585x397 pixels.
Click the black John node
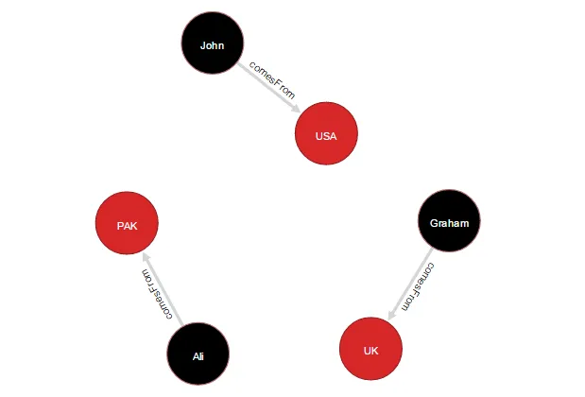pos(213,43)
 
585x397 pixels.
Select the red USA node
pos(326,133)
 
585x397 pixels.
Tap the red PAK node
pos(127,223)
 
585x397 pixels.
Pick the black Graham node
pos(449,220)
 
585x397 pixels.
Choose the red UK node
pos(370,349)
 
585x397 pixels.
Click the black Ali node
pos(198,354)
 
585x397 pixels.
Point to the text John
pos(213,45)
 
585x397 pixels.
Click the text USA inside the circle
pos(326,136)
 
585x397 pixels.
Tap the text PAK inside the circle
pos(128,226)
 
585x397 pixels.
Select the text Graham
pos(449,223)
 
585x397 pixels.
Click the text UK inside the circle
pos(370,351)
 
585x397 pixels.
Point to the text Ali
pos(198,356)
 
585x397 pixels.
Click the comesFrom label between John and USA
pos(272,80)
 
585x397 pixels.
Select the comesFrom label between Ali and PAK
pos(157,294)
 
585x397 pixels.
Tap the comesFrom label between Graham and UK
pos(418,286)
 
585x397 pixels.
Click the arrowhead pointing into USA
pos(296,108)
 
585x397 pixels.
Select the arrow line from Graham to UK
pos(410,285)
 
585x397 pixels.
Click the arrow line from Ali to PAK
pos(163,289)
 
